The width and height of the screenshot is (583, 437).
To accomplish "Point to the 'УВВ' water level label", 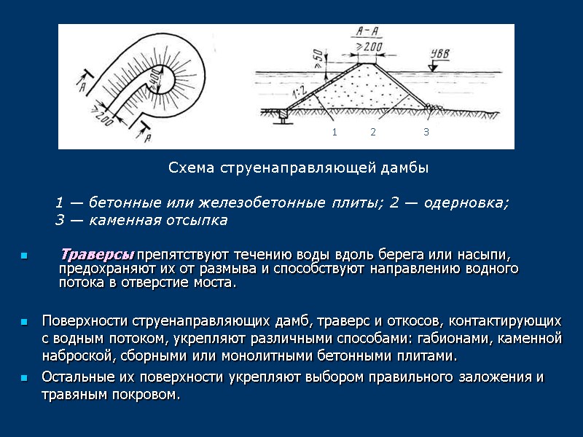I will [439, 52].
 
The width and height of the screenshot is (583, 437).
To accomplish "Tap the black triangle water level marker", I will [433, 66].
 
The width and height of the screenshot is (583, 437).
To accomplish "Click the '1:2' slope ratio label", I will [297, 91].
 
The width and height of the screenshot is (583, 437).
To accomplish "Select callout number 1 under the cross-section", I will [334, 132].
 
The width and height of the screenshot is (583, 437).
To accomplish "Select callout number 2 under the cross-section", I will [372, 132].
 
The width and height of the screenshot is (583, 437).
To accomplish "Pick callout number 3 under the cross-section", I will [426, 132].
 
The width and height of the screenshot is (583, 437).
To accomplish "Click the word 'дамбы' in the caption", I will [406, 168].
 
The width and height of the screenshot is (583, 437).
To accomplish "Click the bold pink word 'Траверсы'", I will [97, 255].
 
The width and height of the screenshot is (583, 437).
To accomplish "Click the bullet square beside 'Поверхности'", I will [24, 322].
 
